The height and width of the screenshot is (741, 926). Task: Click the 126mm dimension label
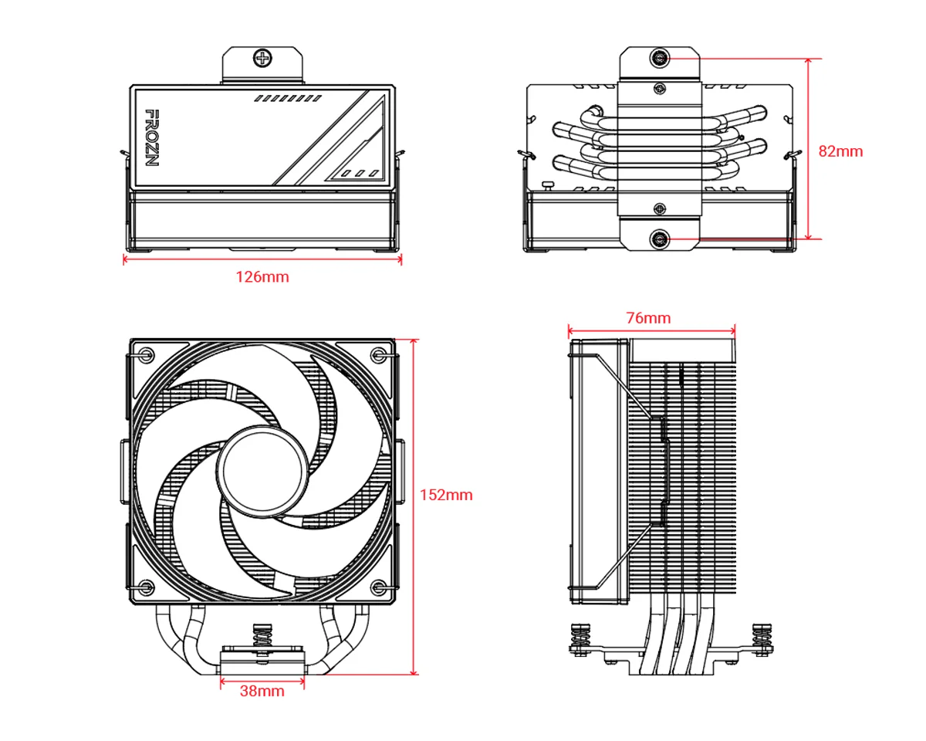pos(262,277)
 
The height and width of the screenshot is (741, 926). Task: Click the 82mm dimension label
pos(840,151)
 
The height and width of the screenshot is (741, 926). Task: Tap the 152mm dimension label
pos(446,495)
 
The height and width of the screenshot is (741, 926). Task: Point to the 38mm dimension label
pos(262,691)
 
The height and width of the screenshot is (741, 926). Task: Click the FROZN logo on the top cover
pos(152,138)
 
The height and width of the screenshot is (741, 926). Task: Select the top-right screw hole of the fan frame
pos(378,355)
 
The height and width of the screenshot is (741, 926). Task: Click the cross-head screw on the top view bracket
pos(264,57)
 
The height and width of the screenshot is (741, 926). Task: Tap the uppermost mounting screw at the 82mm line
pos(660,58)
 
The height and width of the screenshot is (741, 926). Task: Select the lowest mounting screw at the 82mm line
pos(660,240)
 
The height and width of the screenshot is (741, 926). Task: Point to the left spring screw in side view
pos(581,638)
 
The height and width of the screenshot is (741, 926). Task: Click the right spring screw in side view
pos(762,638)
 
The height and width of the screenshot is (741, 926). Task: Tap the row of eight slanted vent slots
pos(288,99)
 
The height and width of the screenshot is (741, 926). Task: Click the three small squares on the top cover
pos(359,173)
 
